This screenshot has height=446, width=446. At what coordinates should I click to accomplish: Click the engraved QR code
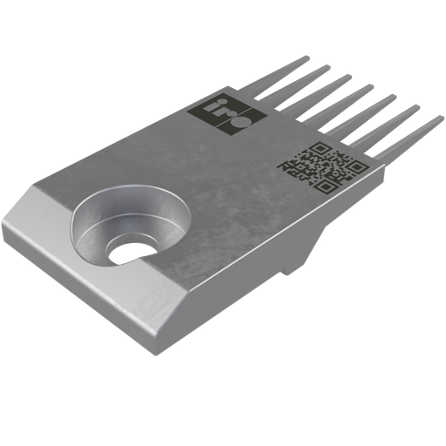[x=321, y=165]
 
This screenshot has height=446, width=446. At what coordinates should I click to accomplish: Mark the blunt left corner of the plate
[x=9, y=226]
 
